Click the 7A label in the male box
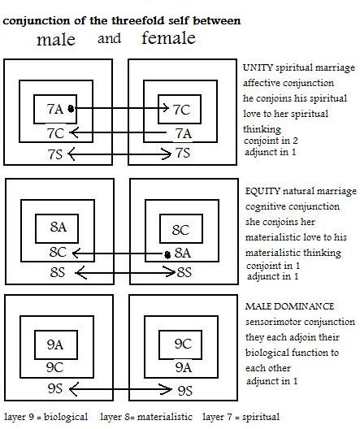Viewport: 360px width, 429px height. pos(55,109)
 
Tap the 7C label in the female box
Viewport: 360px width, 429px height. pos(181,110)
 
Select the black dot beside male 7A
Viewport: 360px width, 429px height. pos(71,109)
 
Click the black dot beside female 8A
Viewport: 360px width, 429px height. pos(167,255)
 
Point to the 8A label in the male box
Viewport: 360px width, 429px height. pos(59,227)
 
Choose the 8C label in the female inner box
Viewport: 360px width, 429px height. pos(180,230)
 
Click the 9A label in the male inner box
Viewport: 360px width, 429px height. pos(55,344)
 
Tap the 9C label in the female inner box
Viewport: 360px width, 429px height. pos(183,344)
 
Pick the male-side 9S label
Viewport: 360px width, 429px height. pos(54,388)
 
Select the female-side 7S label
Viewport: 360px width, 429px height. pos(183,153)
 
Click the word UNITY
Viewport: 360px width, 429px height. pos(258,67)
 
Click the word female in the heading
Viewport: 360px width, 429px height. pos(169,37)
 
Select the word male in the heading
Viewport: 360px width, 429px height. pos(56,40)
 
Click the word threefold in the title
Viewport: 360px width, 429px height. pos(138,21)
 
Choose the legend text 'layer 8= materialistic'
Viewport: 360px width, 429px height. pos(146,417)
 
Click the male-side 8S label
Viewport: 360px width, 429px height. pos(58,272)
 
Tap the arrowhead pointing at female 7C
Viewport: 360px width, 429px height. pos(166,108)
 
